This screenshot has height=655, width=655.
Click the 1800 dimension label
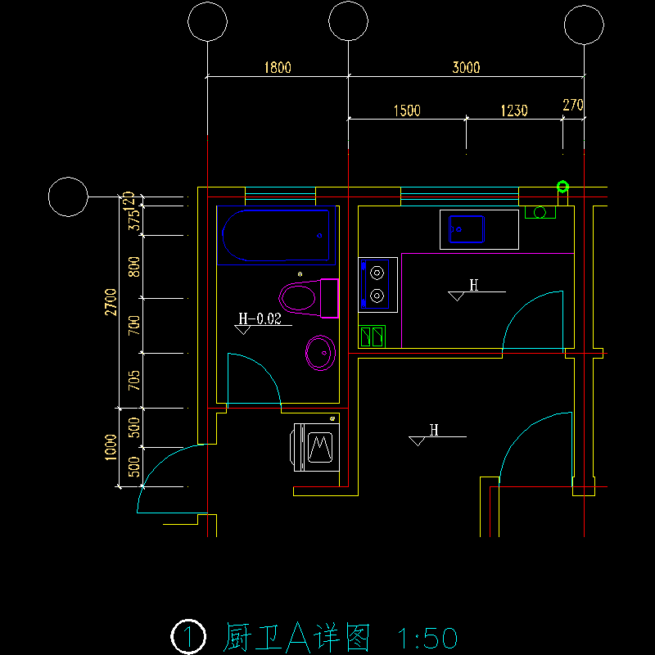click(x=278, y=68)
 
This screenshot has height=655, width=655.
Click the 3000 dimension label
click(x=466, y=68)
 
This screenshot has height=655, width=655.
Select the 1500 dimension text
click(x=407, y=111)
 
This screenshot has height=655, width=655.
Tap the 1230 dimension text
click(x=513, y=111)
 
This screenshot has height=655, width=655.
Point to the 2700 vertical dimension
click(x=111, y=301)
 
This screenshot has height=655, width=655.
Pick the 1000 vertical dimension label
click(x=111, y=447)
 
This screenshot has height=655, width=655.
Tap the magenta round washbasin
click(x=320, y=353)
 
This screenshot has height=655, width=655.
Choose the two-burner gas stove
click(x=377, y=283)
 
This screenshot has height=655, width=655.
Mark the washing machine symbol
click(x=316, y=446)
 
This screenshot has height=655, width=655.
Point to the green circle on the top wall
click(x=562, y=187)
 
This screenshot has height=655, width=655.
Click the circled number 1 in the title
click(x=188, y=636)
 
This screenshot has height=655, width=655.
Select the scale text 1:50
click(x=425, y=637)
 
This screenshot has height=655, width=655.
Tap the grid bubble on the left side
click(x=68, y=197)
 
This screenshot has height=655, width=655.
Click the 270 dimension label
click(x=573, y=105)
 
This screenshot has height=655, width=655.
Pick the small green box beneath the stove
click(x=372, y=337)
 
